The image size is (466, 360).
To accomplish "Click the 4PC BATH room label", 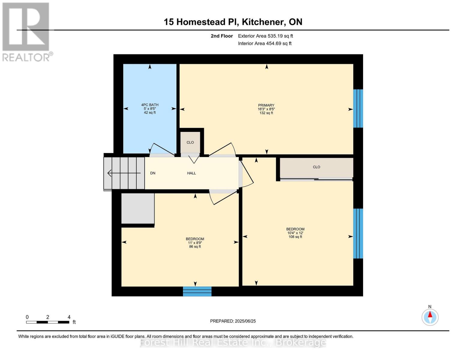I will (150, 105).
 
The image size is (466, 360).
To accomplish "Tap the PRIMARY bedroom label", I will (266, 105).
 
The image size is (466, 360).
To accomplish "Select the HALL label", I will (191, 173).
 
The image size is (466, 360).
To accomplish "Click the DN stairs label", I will (153, 173).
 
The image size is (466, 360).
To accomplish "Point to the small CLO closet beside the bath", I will (190, 142).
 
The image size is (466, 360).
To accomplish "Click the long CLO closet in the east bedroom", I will (316, 167).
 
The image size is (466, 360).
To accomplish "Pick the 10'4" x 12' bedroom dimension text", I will (295, 233).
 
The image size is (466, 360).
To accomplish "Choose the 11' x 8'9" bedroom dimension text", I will (195, 243).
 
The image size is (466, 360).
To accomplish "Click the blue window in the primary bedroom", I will (358, 108).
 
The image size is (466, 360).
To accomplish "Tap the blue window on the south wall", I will (197, 291).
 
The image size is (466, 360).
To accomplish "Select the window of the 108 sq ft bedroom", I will (358, 233).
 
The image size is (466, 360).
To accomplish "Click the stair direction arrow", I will (124, 173).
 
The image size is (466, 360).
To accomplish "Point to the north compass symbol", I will (430, 317).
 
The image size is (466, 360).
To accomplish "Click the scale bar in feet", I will (48, 322).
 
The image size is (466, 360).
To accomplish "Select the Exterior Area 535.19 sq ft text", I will (265, 36).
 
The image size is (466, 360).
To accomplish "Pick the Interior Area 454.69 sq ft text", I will (265, 43).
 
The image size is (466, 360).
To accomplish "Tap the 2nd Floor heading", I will (222, 36).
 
